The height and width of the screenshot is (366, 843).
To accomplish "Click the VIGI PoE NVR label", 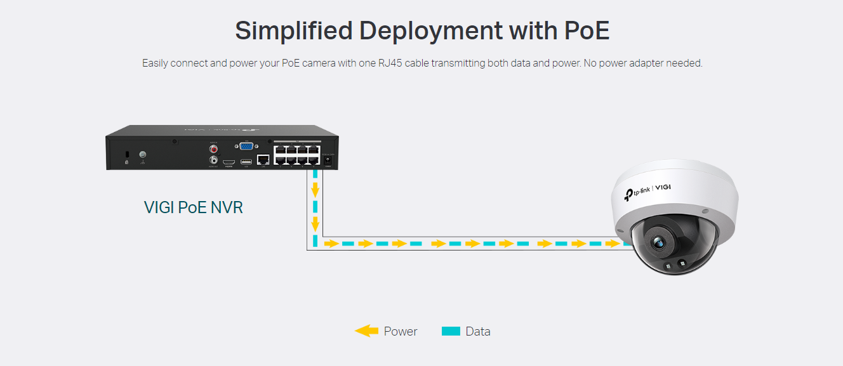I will pyautogui.click(x=193, y=207).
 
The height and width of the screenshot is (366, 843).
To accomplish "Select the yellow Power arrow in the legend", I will pyautogui.click(x=366, y=331).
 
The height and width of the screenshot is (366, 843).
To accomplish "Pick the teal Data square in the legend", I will pyautogui.click(x=451, y=331).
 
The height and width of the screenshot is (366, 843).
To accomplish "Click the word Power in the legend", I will pyautogui.click(x=401, y=331).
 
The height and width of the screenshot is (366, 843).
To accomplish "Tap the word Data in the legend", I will pyautogui.click(x=478, y=331).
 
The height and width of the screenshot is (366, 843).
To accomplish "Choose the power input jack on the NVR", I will pyautogui.click(x=328, y=161).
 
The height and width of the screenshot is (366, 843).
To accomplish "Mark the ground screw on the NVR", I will pyautogui.click(x=143, y=155).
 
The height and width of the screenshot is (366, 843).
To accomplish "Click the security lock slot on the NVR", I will pyautogui.click(x=127, y=155).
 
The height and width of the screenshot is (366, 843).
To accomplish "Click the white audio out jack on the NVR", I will pyautogui.click(x=213, y=161).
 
